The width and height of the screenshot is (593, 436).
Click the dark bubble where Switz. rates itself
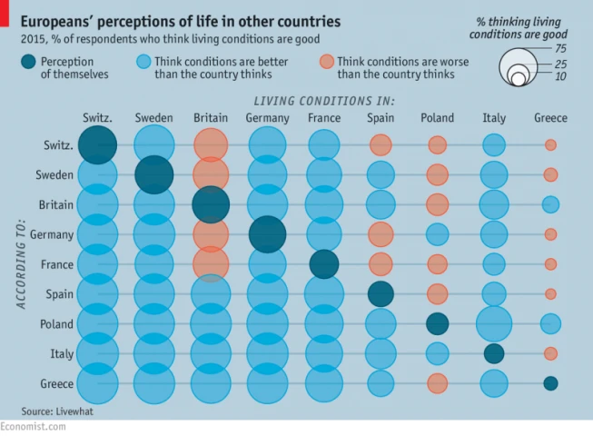coord(97,144)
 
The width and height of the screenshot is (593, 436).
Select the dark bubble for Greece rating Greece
coord(550,383)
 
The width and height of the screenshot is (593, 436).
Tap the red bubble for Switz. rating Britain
coord(211,144)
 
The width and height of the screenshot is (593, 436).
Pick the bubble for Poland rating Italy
coord(494,323)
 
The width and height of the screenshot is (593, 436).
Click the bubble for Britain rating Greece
coord(550,204)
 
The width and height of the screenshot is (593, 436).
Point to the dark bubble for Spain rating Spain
coord(381,293)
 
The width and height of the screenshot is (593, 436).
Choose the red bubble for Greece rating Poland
coord(438,383)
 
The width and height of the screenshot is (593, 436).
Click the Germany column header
coord(267,118)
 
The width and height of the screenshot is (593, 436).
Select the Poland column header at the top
coord(438,118)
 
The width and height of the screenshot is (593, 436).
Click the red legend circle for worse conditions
coord(326,62)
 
